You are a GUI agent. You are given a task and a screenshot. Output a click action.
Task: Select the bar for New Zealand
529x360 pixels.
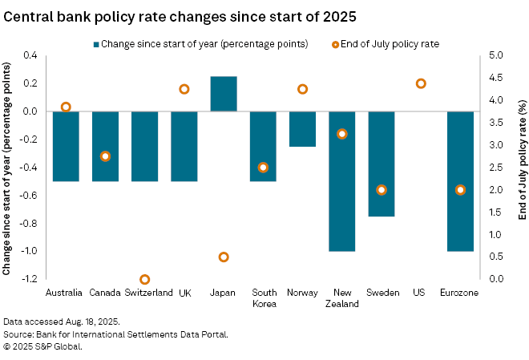[341, 181]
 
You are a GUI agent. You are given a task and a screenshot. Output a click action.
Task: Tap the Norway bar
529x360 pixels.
[302, 129]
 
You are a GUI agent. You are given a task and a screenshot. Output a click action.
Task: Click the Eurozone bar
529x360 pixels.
[460, 181]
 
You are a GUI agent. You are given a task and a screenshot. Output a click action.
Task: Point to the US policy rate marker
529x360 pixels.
[421, 83]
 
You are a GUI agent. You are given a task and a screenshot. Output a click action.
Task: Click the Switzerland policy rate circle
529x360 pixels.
[145, 280]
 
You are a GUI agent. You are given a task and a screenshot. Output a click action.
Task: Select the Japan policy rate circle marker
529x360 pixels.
[224, 257]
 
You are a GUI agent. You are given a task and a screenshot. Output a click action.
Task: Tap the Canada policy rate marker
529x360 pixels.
[105, 156]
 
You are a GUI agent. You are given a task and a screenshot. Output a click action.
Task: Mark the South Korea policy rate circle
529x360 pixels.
[263, 168]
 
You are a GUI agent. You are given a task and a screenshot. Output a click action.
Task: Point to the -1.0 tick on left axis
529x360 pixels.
[29, 251]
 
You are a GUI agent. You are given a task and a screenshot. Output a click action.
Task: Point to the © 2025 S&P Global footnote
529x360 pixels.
[43, 346]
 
